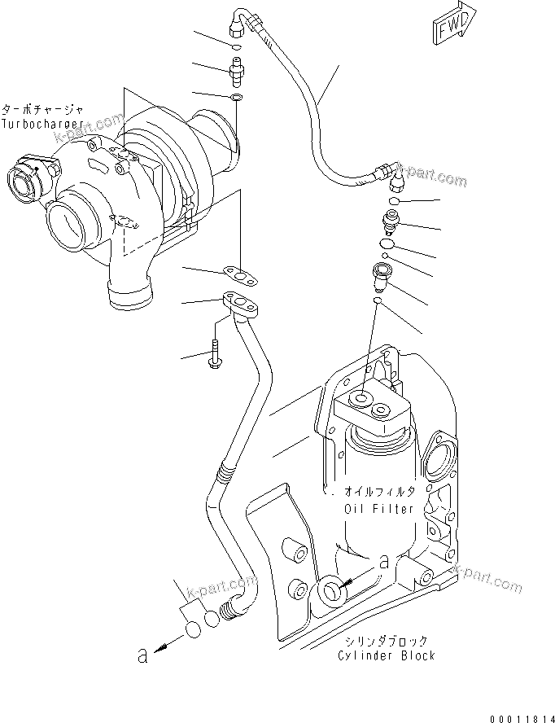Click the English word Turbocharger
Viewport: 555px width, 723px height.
coord(42,123)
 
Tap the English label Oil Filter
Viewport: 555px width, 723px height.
coord(378,509)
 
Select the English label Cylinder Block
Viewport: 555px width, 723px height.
coord(388,655)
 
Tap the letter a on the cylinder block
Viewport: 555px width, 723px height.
coord(382,561)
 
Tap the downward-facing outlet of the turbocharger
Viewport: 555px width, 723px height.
coord(129,293)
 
